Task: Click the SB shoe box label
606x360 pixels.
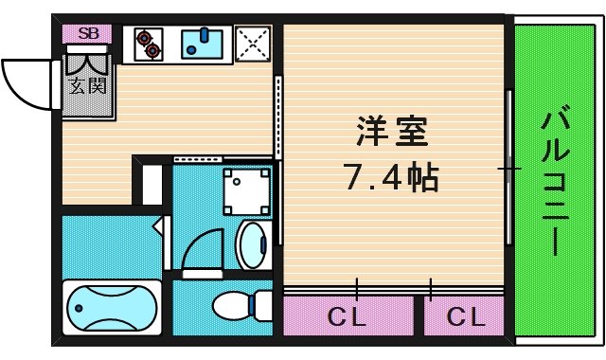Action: pos(88,33)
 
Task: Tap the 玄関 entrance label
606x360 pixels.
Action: pos(87,85)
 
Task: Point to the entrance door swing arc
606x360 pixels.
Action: pos(28,81)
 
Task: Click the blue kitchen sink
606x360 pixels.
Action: pos(202,44)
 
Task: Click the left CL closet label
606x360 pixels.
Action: pos(348,316)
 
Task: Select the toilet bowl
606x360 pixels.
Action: pos(231,306)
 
